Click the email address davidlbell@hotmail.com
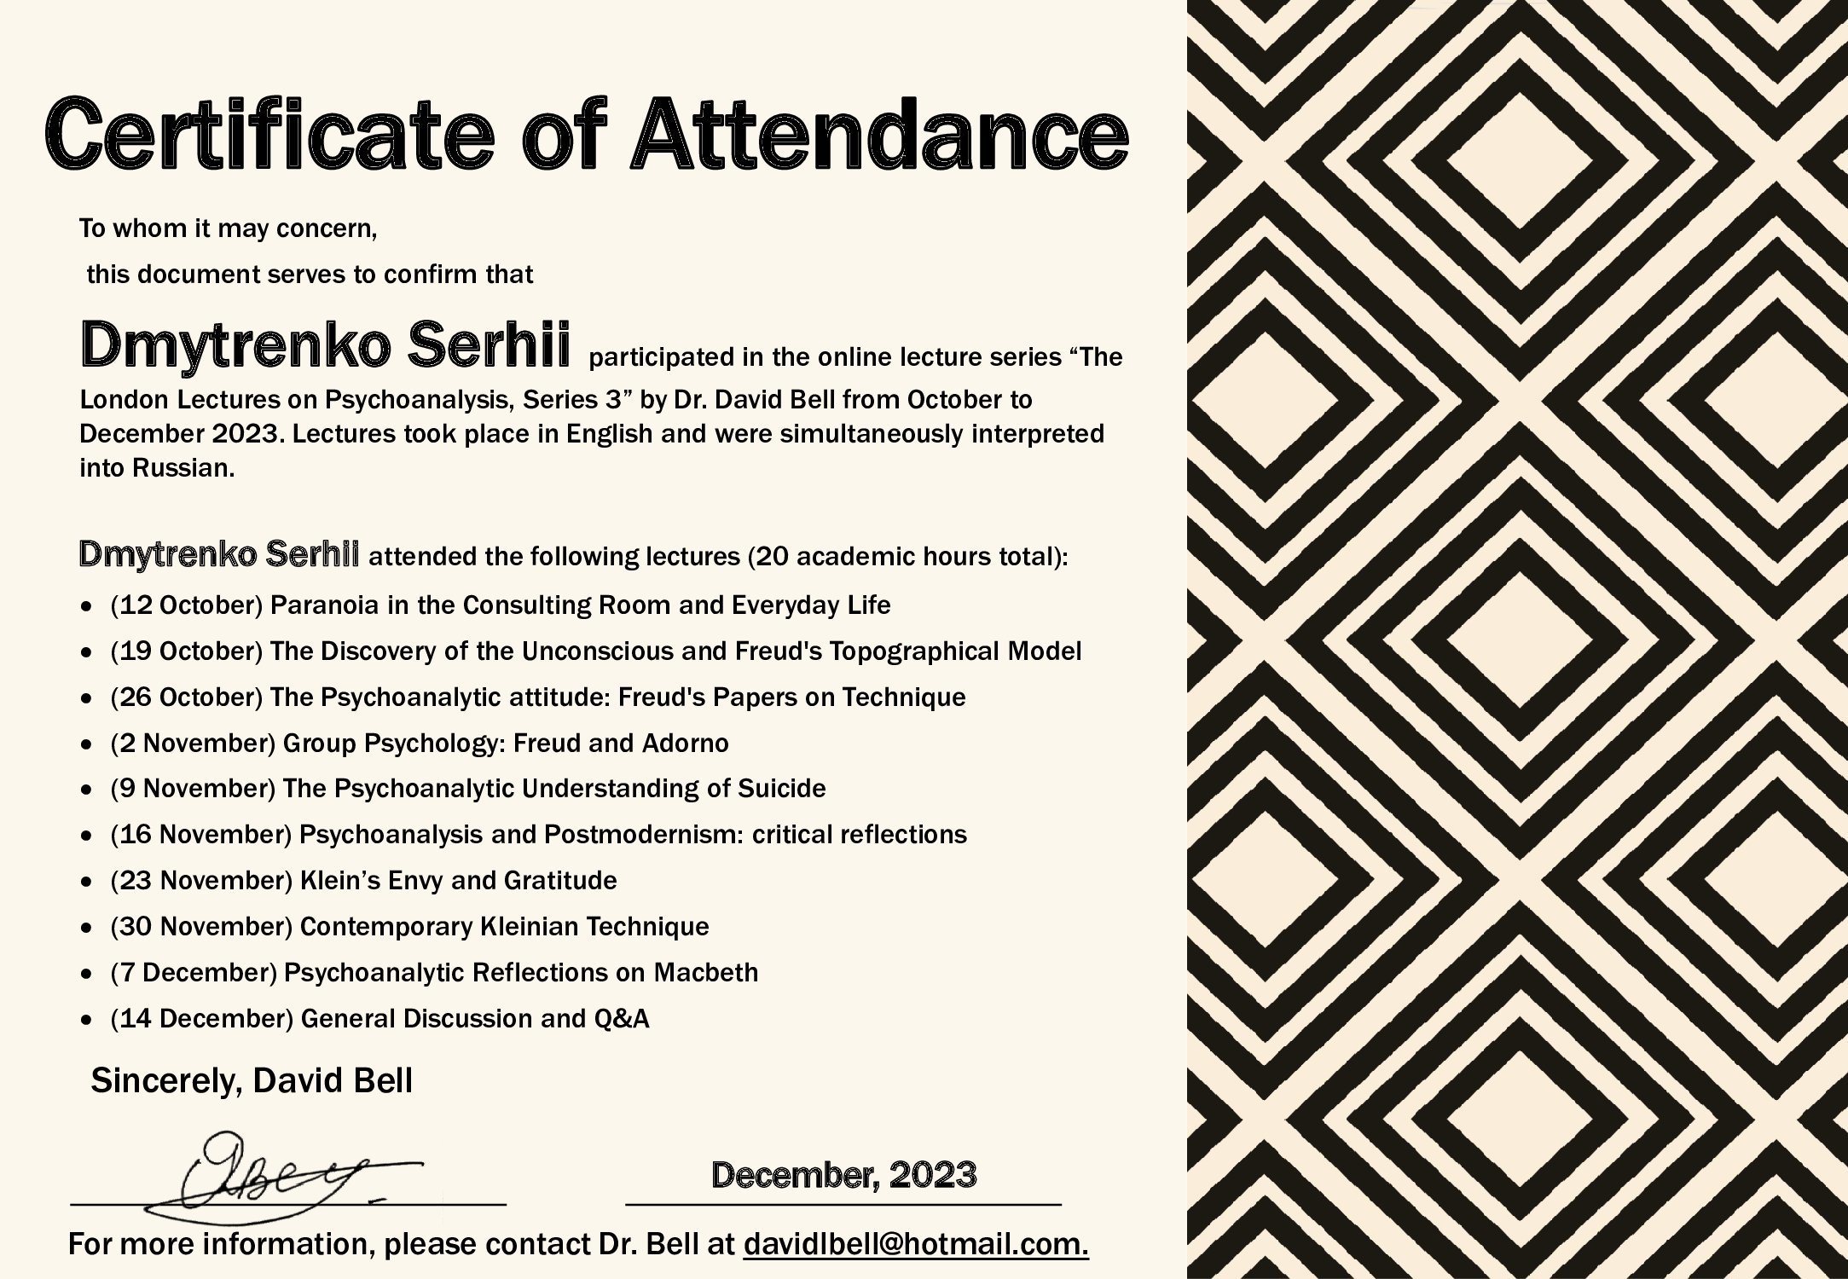click(x=916, y=1245)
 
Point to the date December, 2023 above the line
click(x=843, y=1176)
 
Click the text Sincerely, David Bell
click(x=252, y=1081)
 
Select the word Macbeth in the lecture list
click(x=705, y=973)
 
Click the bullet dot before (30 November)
click(x=85, y=928)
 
